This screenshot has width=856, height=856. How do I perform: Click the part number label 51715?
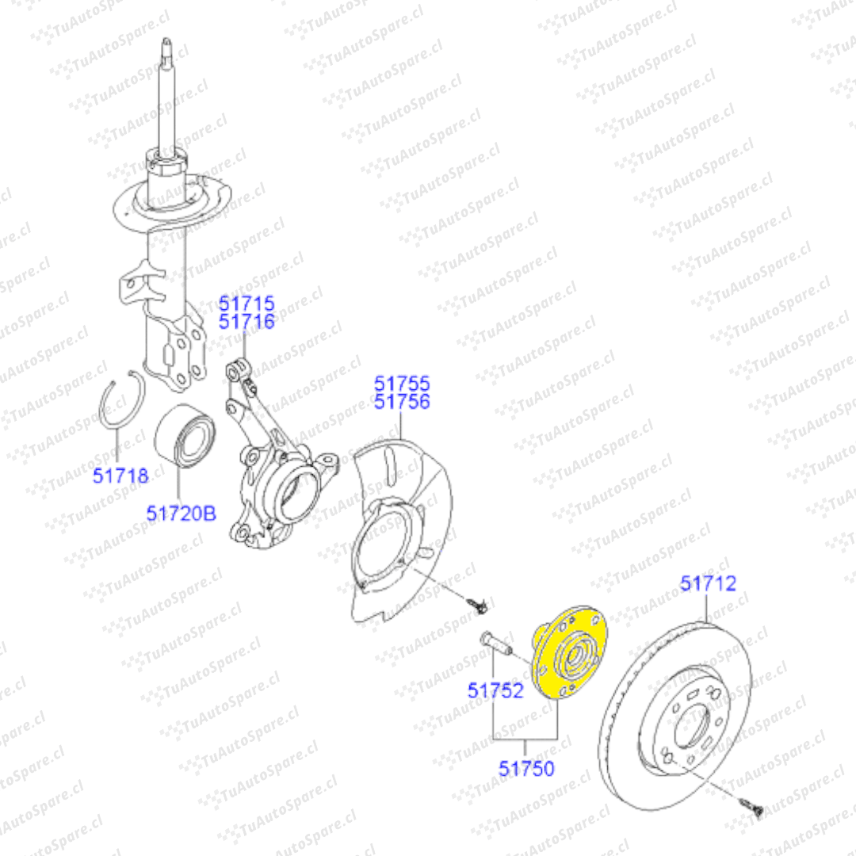[x=246, y=303]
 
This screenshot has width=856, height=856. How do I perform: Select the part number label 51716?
[x=246, y=322]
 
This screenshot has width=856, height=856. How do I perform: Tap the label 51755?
[x=402, y=384]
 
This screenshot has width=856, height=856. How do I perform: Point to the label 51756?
[x=402, y=402]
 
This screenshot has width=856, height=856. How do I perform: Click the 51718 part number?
[x=120, y=476]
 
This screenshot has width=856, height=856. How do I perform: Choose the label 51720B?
[x=182, y=514]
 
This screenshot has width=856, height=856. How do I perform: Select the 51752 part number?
[x=495, y=690]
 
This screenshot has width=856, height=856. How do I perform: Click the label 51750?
[x=526, y=769]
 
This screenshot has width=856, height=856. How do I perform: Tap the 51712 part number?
[x=708, y=583]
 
